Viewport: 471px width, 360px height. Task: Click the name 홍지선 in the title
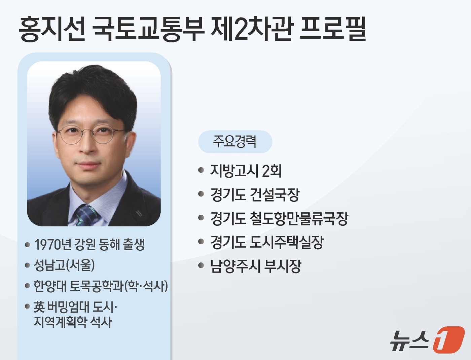(52, 29)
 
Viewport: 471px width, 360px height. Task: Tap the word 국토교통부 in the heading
(148, 29)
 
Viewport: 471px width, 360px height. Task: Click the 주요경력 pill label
(235, 142)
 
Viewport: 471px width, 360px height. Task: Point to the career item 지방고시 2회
(246, 171)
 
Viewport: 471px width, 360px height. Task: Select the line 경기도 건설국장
(255, 195)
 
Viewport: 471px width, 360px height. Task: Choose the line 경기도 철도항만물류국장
(279, 219)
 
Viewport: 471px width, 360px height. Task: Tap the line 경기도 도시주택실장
(267, 242)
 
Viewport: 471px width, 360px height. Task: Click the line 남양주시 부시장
(255, 266)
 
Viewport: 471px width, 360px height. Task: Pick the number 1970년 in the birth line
(52, 245)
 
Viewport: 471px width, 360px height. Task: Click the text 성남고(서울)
(64, 265)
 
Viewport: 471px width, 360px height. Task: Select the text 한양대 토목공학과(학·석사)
(101, 286)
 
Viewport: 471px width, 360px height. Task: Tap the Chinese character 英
(39, 307)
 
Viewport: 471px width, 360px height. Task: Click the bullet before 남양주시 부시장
(201, 266)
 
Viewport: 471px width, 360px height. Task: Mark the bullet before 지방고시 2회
(201, 170)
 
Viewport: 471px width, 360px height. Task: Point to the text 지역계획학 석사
(73, 322)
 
